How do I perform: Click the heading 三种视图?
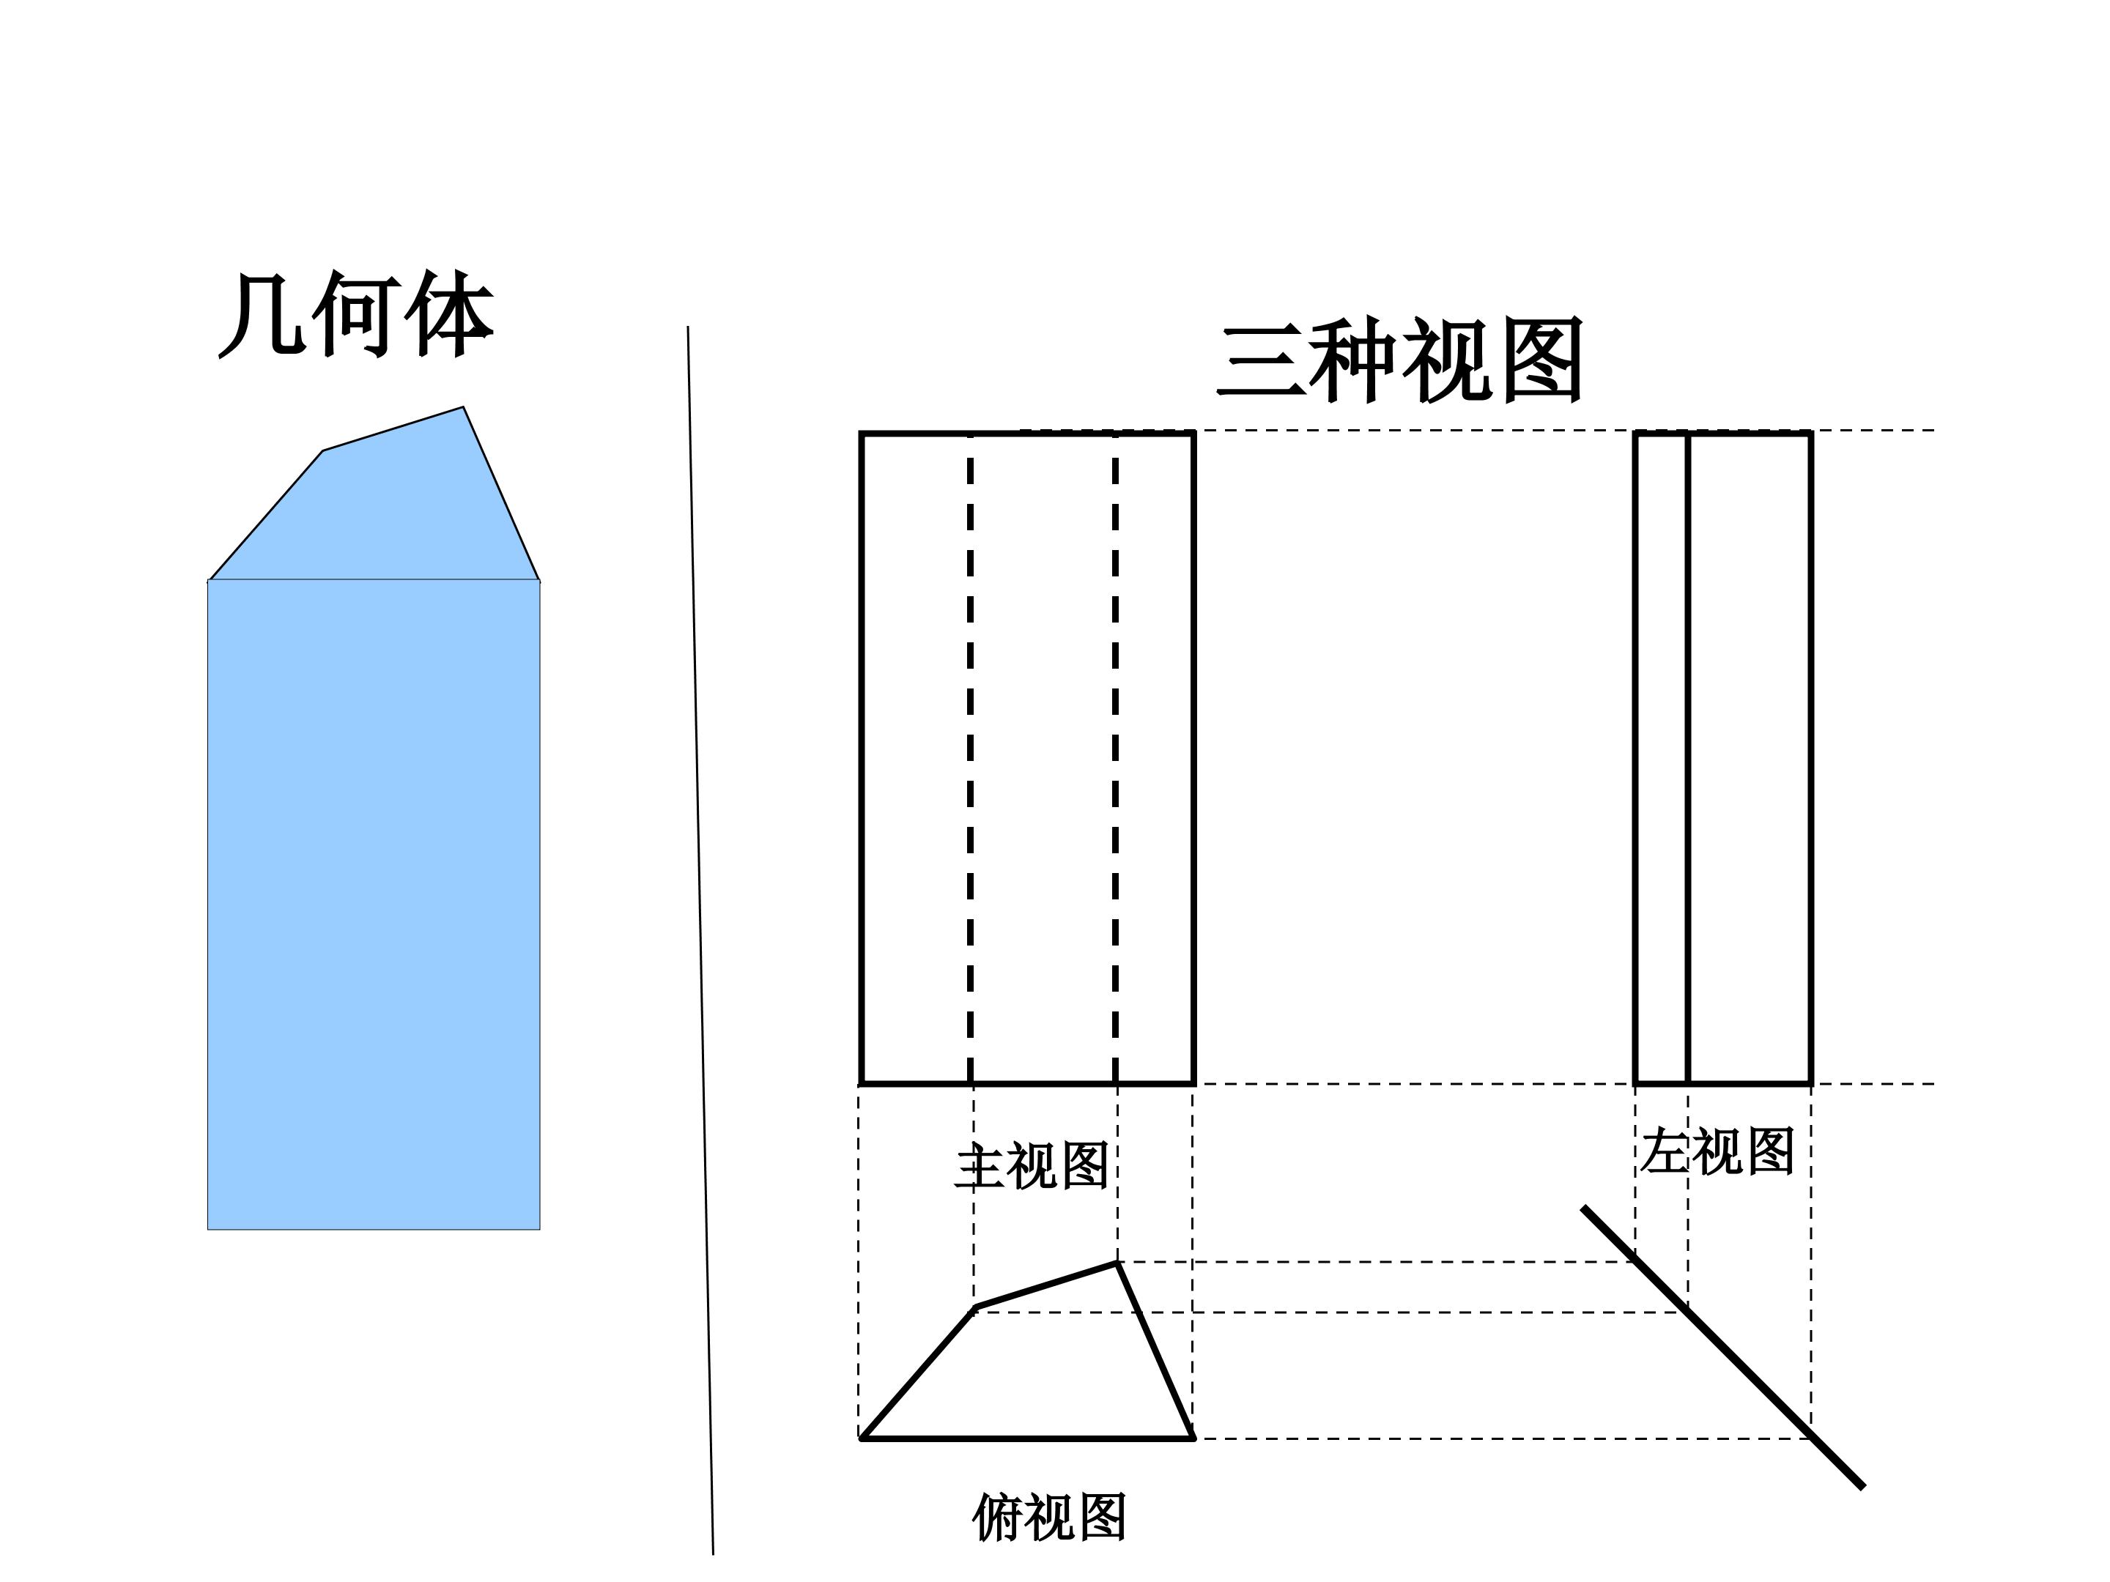(x=1400, y=360)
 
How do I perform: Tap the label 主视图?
(x=1032, y=1165)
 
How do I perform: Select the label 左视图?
(x=1717, y=1151)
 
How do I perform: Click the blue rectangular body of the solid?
(x=374, y=904)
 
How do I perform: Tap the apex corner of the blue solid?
(x=464, y=407)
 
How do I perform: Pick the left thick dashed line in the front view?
(x=970, y=758)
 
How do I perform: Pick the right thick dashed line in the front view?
(x=1115, y=758)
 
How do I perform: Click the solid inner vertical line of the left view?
(x=1687, y=758)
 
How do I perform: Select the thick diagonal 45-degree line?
(x=1722, y=1346)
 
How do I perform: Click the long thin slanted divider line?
(x=700, y=940)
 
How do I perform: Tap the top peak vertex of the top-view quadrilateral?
(x=1117, y=1263)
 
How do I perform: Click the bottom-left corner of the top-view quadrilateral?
(x=862, y=1438)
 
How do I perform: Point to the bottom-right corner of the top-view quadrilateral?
(x=1192, y=1438)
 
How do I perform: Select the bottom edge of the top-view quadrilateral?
(x=1027, y=1438)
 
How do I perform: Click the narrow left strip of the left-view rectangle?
(x=1662, y=758)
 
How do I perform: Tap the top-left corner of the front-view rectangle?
(x=862, y=434)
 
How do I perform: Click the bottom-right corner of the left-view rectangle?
(x=1810, y=1083)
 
